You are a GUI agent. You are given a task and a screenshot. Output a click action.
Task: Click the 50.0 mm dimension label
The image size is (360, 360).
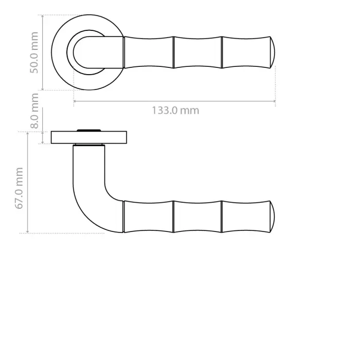pos(34,52)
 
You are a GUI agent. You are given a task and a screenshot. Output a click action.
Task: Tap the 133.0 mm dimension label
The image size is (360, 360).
pos(175,110)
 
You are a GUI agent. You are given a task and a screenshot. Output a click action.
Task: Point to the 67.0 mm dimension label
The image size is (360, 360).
pos(20,188)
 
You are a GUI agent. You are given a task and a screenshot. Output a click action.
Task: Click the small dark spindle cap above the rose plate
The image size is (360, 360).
pos(89,129)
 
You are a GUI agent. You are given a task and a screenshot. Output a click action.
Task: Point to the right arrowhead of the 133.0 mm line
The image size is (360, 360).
pos(274,101)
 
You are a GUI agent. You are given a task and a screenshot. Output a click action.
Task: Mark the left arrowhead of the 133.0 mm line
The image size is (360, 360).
pos(75,101)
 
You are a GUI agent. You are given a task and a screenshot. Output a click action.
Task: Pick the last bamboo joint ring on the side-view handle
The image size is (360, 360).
pos(222,216)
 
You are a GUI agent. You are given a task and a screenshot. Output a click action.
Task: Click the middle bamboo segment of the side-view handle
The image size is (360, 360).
pos(198,216)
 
